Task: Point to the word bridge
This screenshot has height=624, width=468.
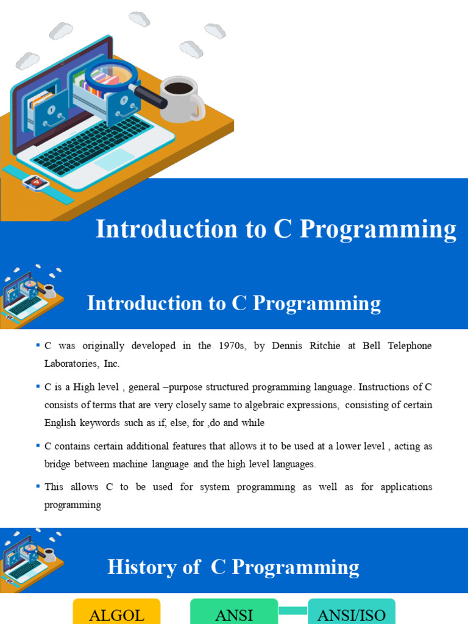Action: (x=59, y=464)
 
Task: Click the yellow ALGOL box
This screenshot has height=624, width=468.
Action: (x=116, y=612)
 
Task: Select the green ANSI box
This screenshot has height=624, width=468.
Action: (x=234, y=612)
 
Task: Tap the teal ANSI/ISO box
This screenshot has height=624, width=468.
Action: (x=352, y=612)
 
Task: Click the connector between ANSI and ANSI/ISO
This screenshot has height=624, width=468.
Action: (x=293, y=609)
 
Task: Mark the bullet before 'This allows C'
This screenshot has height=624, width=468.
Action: (x=38, y=486)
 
